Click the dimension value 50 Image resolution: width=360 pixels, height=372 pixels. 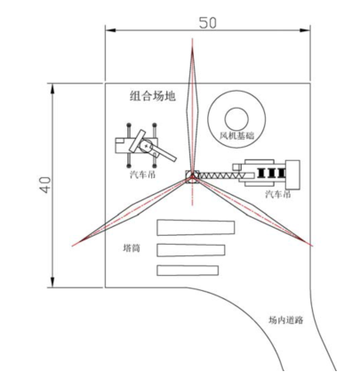point(207,23)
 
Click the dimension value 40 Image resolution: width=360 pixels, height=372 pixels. point(45,185)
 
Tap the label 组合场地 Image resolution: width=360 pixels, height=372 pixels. point(153,96)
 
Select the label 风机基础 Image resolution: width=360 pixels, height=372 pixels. point(236,136)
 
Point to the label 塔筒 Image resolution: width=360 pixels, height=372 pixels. point(132,247)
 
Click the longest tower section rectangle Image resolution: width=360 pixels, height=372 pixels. point(196,228)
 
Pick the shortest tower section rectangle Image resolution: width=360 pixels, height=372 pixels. point(188,271)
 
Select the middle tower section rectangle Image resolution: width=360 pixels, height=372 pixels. point(190,250)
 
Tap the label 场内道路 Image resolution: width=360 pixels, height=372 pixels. point(285,320)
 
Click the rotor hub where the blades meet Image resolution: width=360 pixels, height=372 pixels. point(192,176)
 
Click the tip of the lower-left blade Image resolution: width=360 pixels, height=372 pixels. point(73,246)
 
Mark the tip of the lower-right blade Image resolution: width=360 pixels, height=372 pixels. point(312,246)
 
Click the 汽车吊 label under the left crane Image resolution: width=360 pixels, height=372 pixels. point(142,174)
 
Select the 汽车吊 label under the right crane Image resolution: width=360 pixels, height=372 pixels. point(278,194)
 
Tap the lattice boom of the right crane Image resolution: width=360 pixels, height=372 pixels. point(218,175)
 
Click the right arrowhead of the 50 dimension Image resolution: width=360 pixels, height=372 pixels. point(305,30)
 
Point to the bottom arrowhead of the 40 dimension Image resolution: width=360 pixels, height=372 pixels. point(52,282)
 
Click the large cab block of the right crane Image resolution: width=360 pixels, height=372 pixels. point(292,174)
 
